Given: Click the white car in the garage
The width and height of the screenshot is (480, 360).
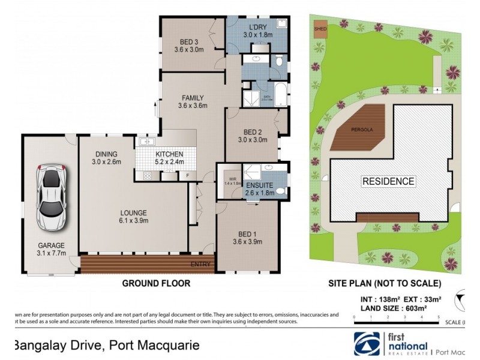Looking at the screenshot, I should click(x=51, y=196).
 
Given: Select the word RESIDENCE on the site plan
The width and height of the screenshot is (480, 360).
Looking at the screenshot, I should click(x=388, y=181).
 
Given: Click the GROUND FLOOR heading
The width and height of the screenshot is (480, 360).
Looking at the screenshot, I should click(x=156, y=283).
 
